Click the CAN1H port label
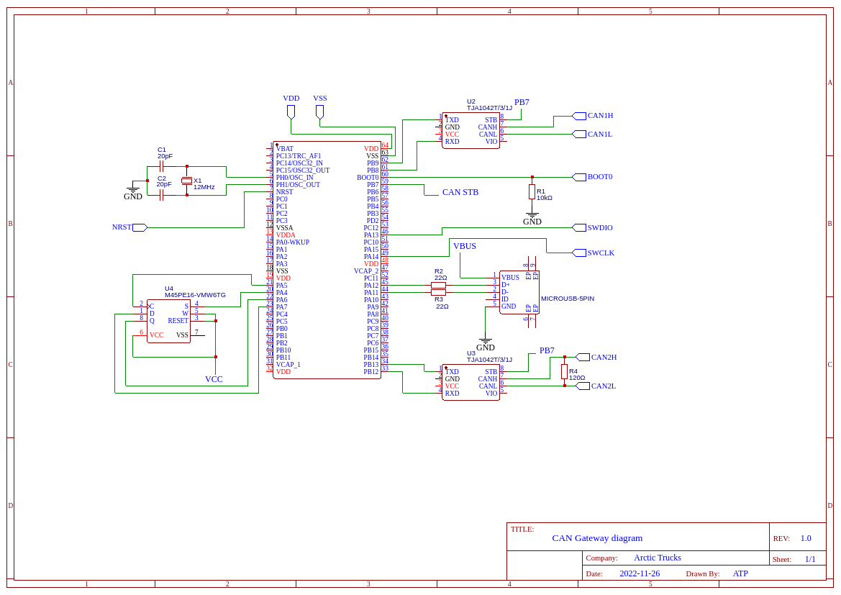600,115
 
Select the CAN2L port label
603,386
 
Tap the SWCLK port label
600,253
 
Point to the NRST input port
139,227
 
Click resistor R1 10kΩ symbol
532,191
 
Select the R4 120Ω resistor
564,371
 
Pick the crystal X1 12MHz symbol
186,181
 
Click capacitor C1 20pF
162,166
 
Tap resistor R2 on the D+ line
438,285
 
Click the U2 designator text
471,101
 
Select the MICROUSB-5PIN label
568,299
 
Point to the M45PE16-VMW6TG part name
195,295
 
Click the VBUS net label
464,246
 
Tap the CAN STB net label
460,192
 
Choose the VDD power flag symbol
291,111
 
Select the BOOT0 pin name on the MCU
367,178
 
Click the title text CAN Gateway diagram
597,538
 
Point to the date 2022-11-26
640,573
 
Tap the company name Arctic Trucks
657,558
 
